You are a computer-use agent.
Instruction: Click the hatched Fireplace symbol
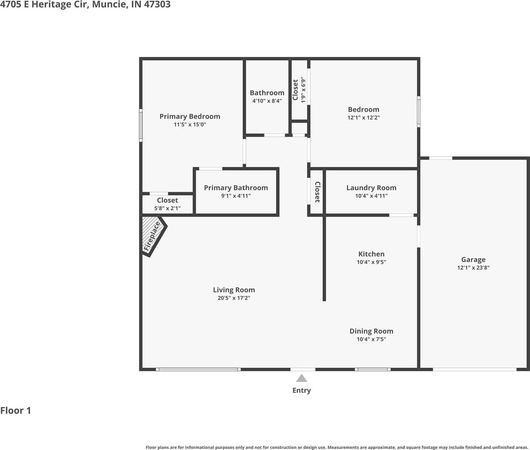[x=152, y=236]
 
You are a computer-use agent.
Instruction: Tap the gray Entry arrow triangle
[x=301, y=378]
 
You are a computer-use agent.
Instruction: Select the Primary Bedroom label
[x=190, y=117]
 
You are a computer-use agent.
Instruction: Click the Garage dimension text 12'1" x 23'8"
[x=473, y=268]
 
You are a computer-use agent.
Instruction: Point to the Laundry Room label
[x=371, y=188]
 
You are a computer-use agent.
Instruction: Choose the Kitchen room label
[x=371, y=254]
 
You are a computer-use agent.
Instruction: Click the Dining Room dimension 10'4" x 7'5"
[x=371, y=339]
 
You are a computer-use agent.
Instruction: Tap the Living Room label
[x=234, y=290]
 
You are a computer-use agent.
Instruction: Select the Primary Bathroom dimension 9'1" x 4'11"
[x=236, y=195]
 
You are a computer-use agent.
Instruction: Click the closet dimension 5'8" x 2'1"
[x=167, y=208]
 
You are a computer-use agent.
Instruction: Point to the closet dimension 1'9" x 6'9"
[x=303, y=90]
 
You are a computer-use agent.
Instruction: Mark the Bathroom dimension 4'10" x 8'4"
[x=267, y=101]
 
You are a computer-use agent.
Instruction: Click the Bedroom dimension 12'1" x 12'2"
[x=363, y=117]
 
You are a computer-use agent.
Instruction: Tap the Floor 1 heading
[x=16, y=411]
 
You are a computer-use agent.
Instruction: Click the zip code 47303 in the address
[x=157, y=5]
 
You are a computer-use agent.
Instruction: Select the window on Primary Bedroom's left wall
[x=141, y=125]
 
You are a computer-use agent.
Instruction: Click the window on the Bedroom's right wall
[x=418, y=111]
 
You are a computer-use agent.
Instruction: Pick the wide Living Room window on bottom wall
[x=198, y=370]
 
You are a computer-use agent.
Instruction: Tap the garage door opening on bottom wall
[x=474, y=370]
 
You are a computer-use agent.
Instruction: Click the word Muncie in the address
[x=109, y=5]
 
